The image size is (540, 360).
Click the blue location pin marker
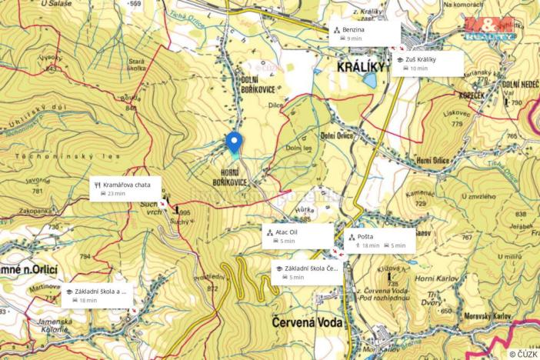(x=234, y=142)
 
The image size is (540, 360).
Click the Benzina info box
(x=365, y=33)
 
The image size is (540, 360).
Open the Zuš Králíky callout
(x=428, y=63)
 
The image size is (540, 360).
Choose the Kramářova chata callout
(x=127, y=188)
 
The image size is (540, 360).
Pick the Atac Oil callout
(x=298, y=235)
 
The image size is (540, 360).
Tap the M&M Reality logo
(x=488, y=28)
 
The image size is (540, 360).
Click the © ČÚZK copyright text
(x=522, y=353)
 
